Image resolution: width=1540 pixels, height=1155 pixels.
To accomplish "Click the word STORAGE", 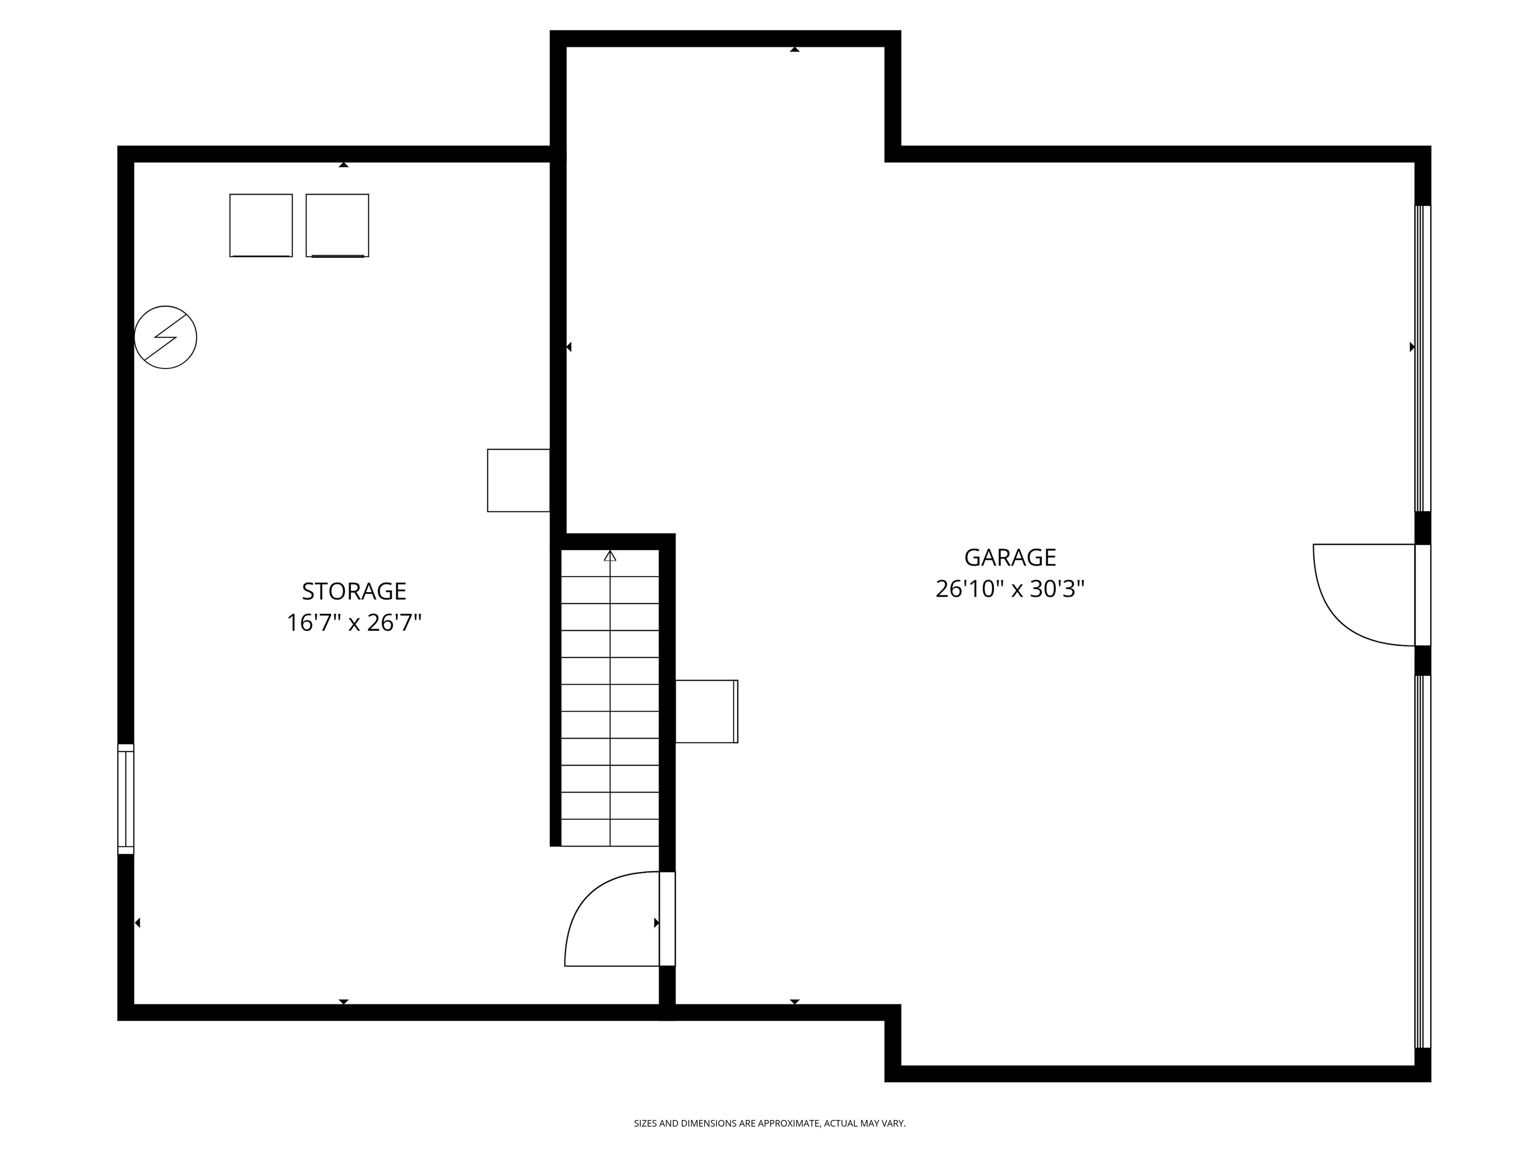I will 354,591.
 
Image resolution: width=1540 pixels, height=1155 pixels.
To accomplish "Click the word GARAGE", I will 1010,557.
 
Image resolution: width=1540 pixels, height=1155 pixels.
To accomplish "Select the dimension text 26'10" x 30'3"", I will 1010,590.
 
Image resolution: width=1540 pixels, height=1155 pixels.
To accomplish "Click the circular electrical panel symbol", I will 166,337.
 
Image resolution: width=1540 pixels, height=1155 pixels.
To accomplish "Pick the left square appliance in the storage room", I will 261,226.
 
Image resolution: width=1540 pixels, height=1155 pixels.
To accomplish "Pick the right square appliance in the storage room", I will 337,226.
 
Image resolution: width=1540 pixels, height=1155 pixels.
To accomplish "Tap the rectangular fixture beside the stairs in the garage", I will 706,711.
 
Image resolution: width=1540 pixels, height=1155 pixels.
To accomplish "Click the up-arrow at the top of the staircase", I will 610,555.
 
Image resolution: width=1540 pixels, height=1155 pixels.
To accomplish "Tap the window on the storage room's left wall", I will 125,799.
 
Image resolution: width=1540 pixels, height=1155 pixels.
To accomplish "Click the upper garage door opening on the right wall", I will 1422,358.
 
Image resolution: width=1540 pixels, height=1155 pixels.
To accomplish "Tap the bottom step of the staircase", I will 610,833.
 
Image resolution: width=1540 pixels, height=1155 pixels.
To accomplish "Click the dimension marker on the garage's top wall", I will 795,50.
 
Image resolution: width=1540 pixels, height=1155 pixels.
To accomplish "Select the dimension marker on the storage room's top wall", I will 343,165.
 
